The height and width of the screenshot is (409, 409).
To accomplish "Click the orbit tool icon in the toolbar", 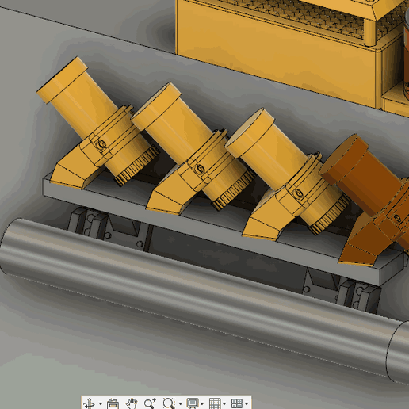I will (89, 403).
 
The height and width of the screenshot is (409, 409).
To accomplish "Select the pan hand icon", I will (132, 403).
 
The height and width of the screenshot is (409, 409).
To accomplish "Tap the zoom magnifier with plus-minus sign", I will (150, 403).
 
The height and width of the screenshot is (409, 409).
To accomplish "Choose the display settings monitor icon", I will (192, 403).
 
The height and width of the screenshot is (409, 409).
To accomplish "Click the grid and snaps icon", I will (214, 403).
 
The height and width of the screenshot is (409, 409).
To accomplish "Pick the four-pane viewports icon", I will (236, 403).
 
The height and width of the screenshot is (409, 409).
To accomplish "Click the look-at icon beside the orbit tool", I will (113, 403).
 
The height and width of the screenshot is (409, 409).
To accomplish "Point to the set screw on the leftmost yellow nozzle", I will (101, 144).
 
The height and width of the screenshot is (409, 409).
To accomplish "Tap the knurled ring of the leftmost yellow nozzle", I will (136, 170).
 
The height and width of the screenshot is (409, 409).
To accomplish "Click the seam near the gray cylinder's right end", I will (390, 349).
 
